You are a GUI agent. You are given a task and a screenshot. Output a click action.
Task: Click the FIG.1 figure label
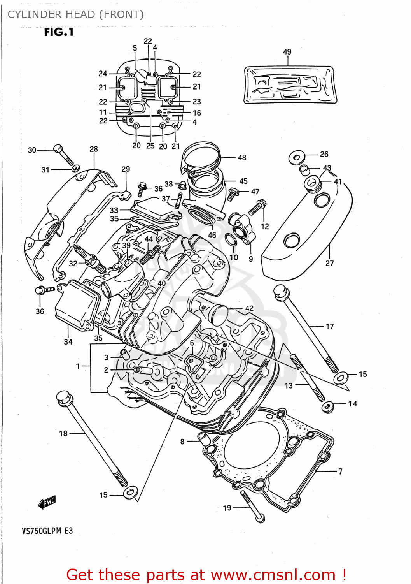click(x=59, y=32)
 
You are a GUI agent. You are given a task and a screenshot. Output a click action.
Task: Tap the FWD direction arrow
click(x=47, y=502)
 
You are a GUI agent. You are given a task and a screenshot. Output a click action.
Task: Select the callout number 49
click(x=287, y=52)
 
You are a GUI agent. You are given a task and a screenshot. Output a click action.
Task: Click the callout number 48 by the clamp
click(x=242, y=158)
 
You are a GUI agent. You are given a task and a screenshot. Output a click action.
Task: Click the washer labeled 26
click(x=297, y=157)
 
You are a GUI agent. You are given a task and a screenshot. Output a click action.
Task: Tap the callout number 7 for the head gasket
click(x=340, y=471)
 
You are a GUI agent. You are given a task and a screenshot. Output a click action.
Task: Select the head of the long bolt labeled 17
click(x=280, y=292)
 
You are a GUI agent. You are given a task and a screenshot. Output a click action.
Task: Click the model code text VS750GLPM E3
click(x=47, y=531)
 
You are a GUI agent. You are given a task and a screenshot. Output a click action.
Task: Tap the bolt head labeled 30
click(x=58, y=149)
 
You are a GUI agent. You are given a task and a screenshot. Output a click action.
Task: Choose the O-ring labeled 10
click(x=231, y=241)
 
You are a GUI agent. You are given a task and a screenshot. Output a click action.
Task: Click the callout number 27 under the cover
click(x=329, y=263)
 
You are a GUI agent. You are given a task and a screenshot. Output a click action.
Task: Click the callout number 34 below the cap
click(x=68, y=342)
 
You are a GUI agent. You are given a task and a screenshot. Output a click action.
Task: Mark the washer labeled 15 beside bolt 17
click(x=341, y=378)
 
